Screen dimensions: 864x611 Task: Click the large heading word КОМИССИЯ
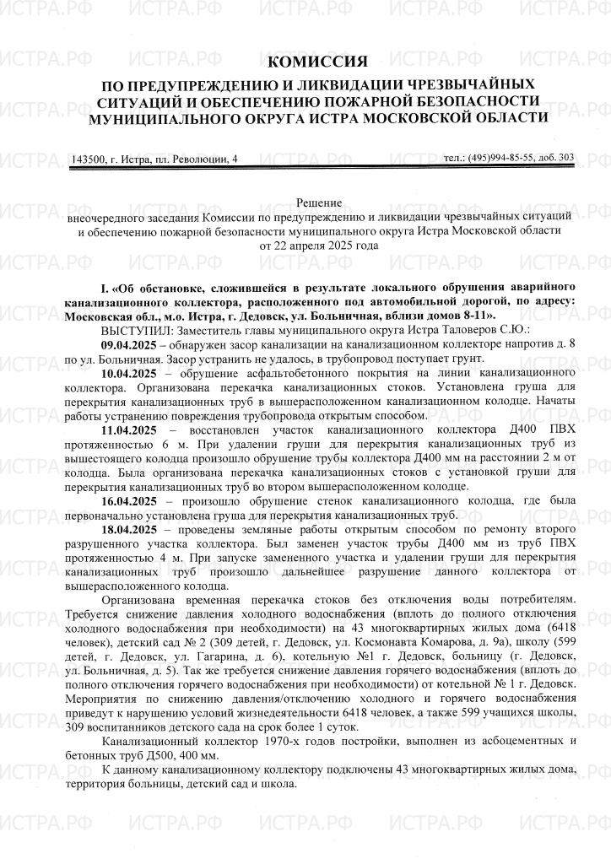coord(317,62)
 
